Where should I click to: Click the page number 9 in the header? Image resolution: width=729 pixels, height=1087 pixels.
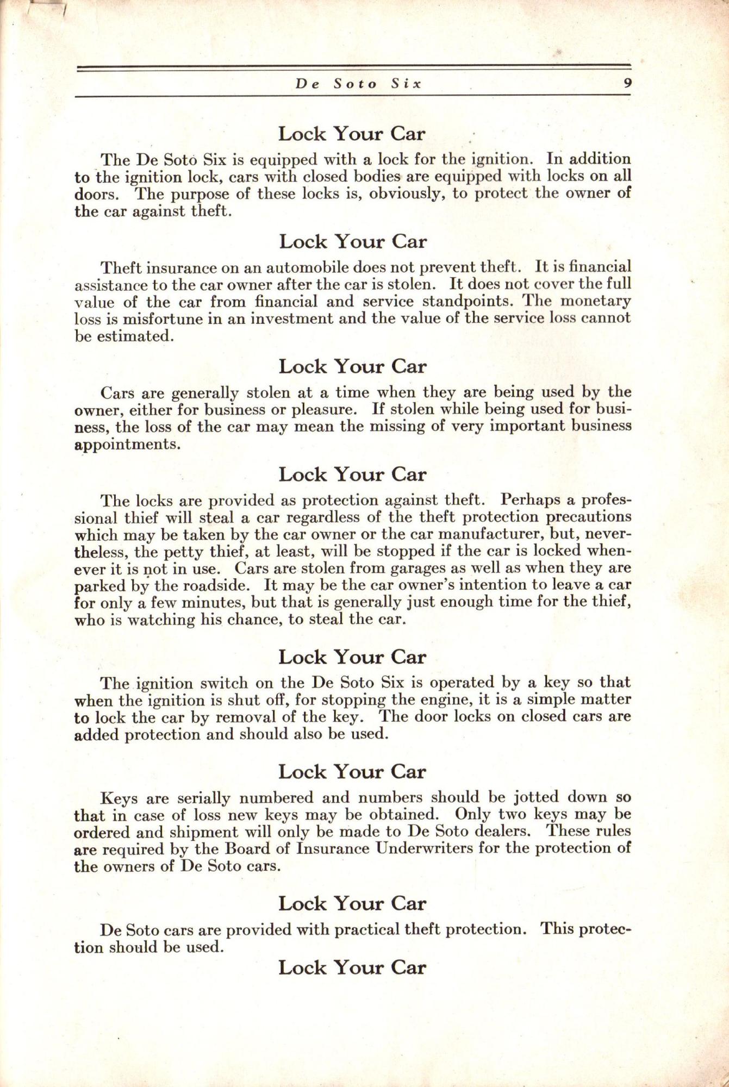pyautogui.click(x=626, y=84)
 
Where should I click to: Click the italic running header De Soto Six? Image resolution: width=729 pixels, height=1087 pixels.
pyautogui.click(x=358, y=84)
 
